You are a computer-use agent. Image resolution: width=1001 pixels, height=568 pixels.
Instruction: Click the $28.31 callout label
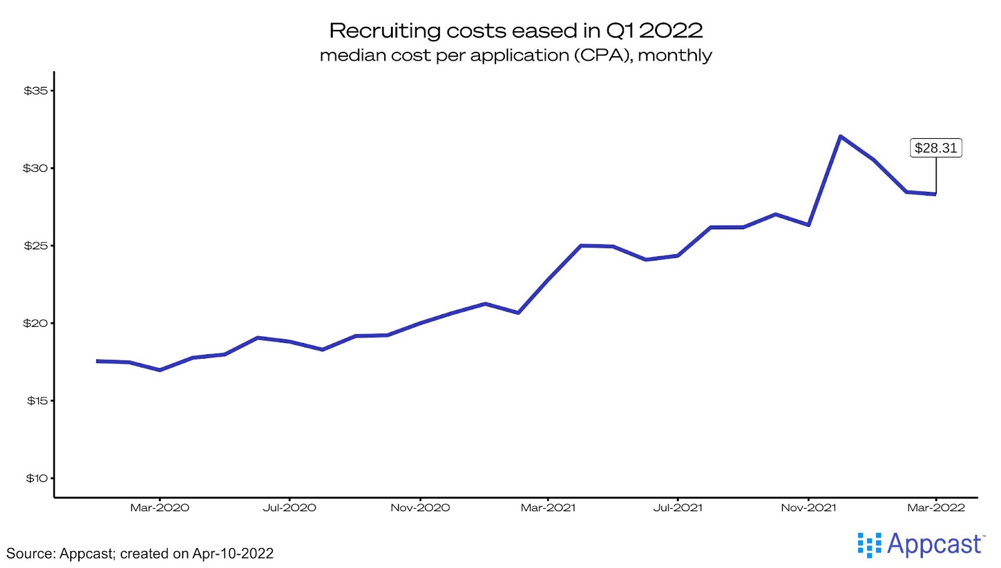(x=935, y=148)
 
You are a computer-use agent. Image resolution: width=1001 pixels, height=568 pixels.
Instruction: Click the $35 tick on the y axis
(x=36, y=91)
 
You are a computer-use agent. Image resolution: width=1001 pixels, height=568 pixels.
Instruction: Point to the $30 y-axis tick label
(x=36, y=168)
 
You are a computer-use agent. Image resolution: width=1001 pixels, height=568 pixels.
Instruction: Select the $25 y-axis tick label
(x=36, y=246)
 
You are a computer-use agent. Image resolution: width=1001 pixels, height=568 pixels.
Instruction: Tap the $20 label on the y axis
(x=36, y=323)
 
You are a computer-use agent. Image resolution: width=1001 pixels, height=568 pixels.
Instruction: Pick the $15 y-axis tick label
(x=37, y=401)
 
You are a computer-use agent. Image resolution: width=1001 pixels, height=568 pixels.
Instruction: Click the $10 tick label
(x=37, y=478)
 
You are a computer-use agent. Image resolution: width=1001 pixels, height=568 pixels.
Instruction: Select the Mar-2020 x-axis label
(x=160, y=507)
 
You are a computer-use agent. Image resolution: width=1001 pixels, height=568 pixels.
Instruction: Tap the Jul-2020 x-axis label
(x=289, y=507)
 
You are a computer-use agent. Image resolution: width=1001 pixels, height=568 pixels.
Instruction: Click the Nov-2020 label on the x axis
(x=420, y=507)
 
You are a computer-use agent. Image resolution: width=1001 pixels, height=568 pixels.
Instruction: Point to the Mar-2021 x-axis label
(x=548, y=507)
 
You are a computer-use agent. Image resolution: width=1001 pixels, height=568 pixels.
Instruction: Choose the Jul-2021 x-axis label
(x=678, y=507)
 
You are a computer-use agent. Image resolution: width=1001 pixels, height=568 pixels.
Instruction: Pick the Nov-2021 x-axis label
(x=808, y=507)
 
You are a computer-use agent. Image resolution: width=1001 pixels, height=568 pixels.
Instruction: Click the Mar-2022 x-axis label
(x=936, y=507)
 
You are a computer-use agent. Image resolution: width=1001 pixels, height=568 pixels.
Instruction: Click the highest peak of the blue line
(x=840, y=136)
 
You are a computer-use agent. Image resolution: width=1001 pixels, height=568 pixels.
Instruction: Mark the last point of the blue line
(x=935, y=194)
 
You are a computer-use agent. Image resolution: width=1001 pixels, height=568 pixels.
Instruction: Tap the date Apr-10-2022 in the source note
(x=233, y=554)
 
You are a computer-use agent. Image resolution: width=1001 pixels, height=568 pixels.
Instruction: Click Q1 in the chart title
(x=620, y=31)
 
